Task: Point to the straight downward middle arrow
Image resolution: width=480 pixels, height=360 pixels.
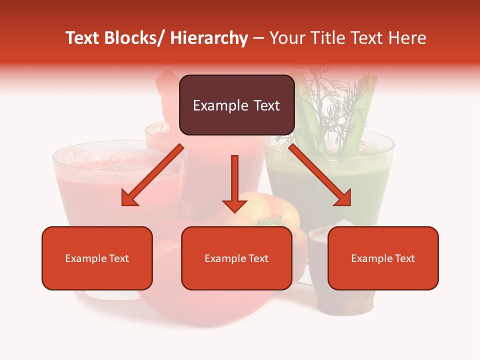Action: click(234, 183)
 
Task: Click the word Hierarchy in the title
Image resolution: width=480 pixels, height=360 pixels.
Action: click(209, 38)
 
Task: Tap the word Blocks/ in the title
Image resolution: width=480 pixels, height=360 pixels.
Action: click(135, 38)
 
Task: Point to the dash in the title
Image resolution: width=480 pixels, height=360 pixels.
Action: click(258, 38)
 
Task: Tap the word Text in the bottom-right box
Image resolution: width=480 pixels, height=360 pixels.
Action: click(404, 258)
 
